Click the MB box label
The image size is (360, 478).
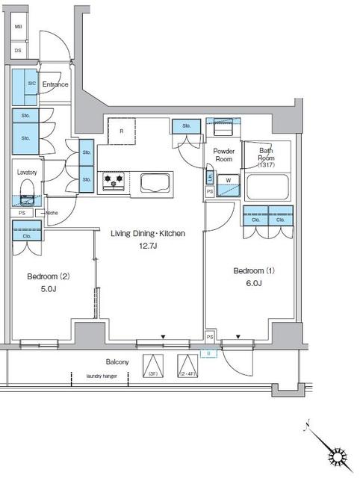pyautogui.click(x=18, y=25)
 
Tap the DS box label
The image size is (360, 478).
pyautogui.click(x=18, y=50)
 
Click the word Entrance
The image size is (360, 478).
pyautogui.click(x=55, y=84)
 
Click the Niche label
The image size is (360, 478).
pyautogui.click(x=52, y=213)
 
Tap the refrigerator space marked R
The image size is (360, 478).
pyautogui.click(x=121, y=132)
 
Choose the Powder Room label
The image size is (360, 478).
pyautogui.click(x=224, y=155)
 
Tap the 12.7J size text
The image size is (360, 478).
pyautogui.click(x=147, y=245)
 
